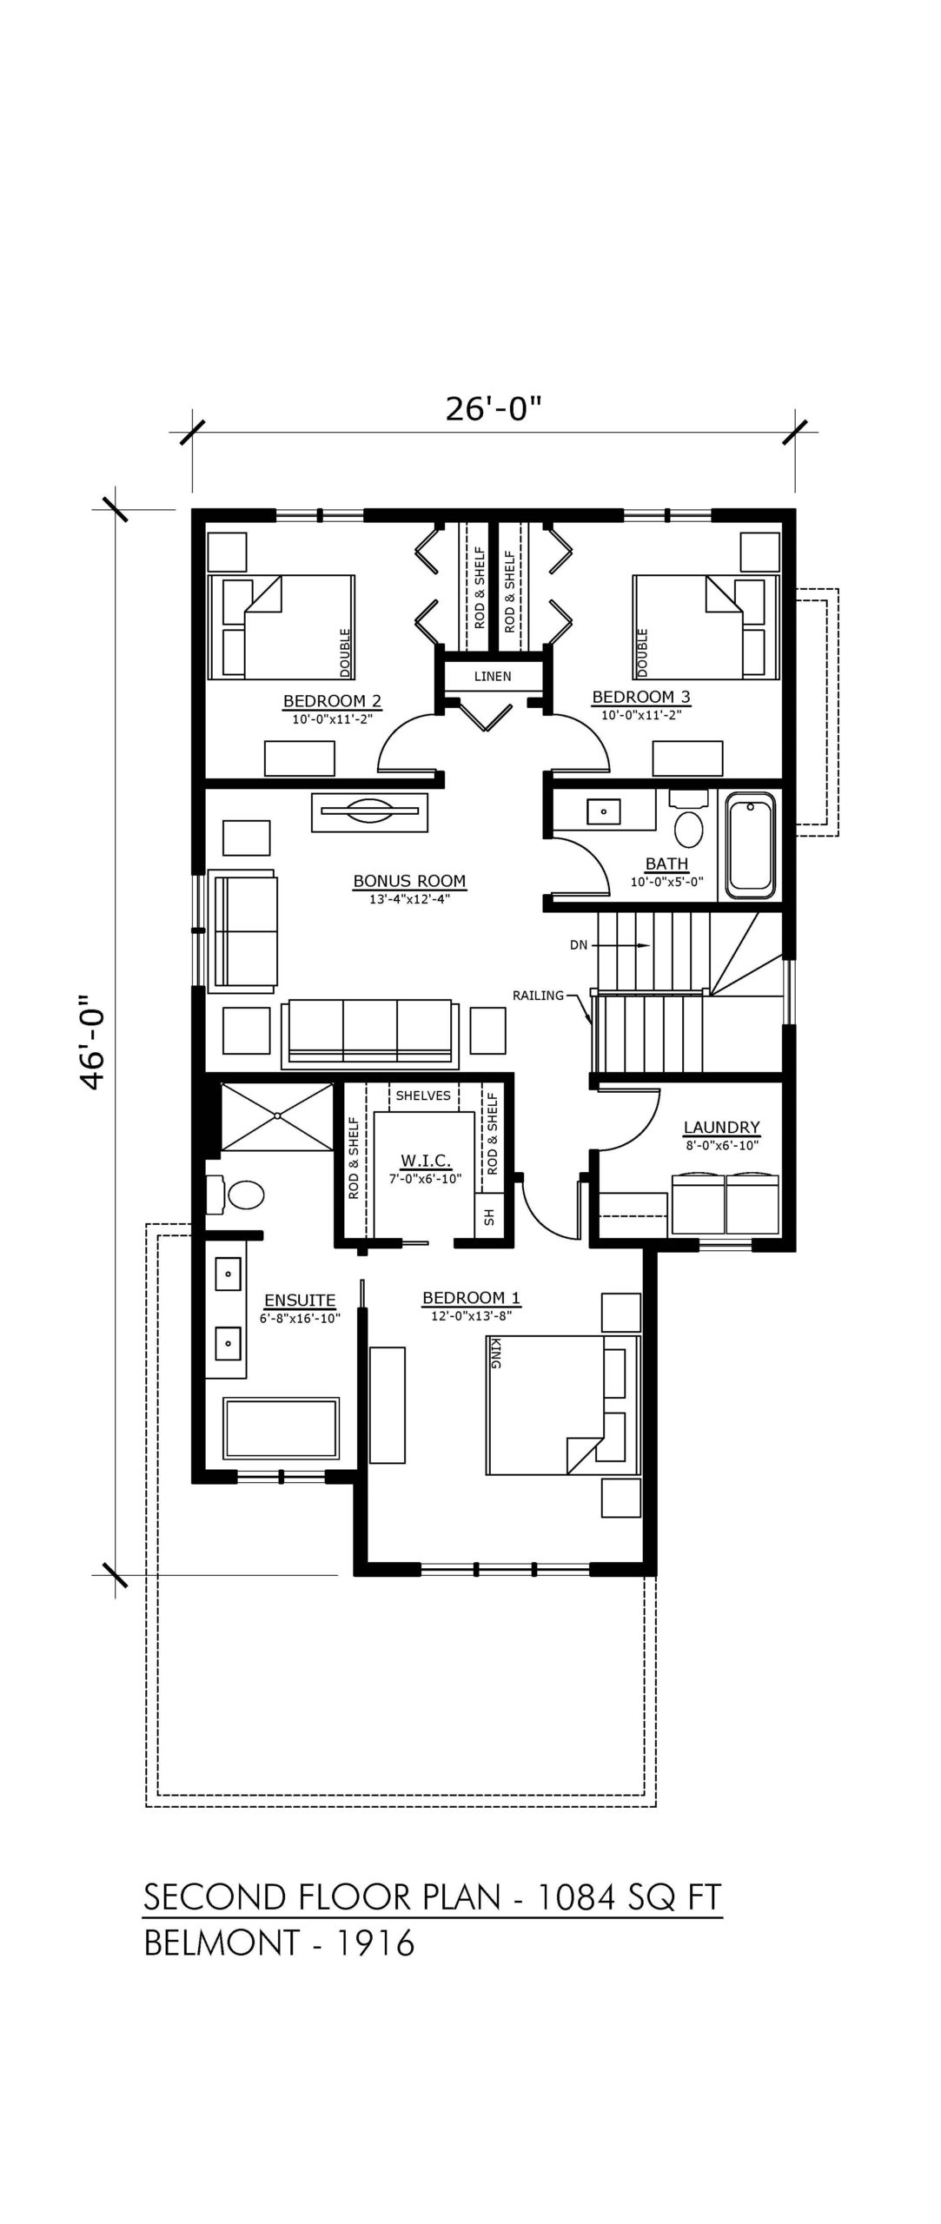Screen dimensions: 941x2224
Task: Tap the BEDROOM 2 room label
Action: (332, 701)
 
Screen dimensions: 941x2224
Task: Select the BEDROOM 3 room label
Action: (641, 697)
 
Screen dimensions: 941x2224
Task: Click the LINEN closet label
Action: (493, 676)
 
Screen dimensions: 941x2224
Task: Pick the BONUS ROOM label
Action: (409, 881)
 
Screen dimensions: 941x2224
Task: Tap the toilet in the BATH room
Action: (689, 823)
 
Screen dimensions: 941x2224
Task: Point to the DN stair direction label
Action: (579, 945)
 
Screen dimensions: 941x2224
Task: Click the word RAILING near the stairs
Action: (538, 996)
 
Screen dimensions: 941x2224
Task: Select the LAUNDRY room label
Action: (721, 1128)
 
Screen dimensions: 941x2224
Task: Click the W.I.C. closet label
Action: (424, 1161)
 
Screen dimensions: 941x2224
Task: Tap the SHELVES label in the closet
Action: (423, 1095)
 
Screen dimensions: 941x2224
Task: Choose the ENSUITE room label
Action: (300, 1301)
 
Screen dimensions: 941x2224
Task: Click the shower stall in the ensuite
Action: (277, 1116)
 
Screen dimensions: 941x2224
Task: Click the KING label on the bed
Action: (495, 1354)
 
